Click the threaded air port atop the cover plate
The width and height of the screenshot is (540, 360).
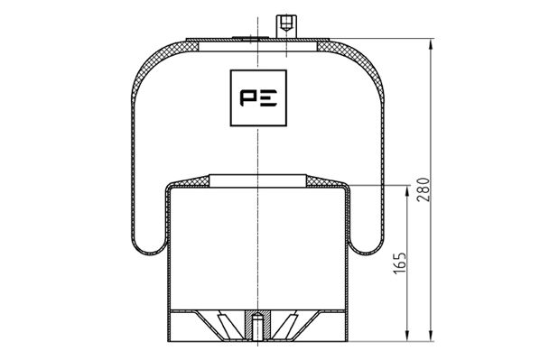(x=284, y=24)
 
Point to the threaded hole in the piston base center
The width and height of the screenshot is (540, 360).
(x=258, y=320)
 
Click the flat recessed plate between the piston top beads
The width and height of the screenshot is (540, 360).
(x=258, y=180)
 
